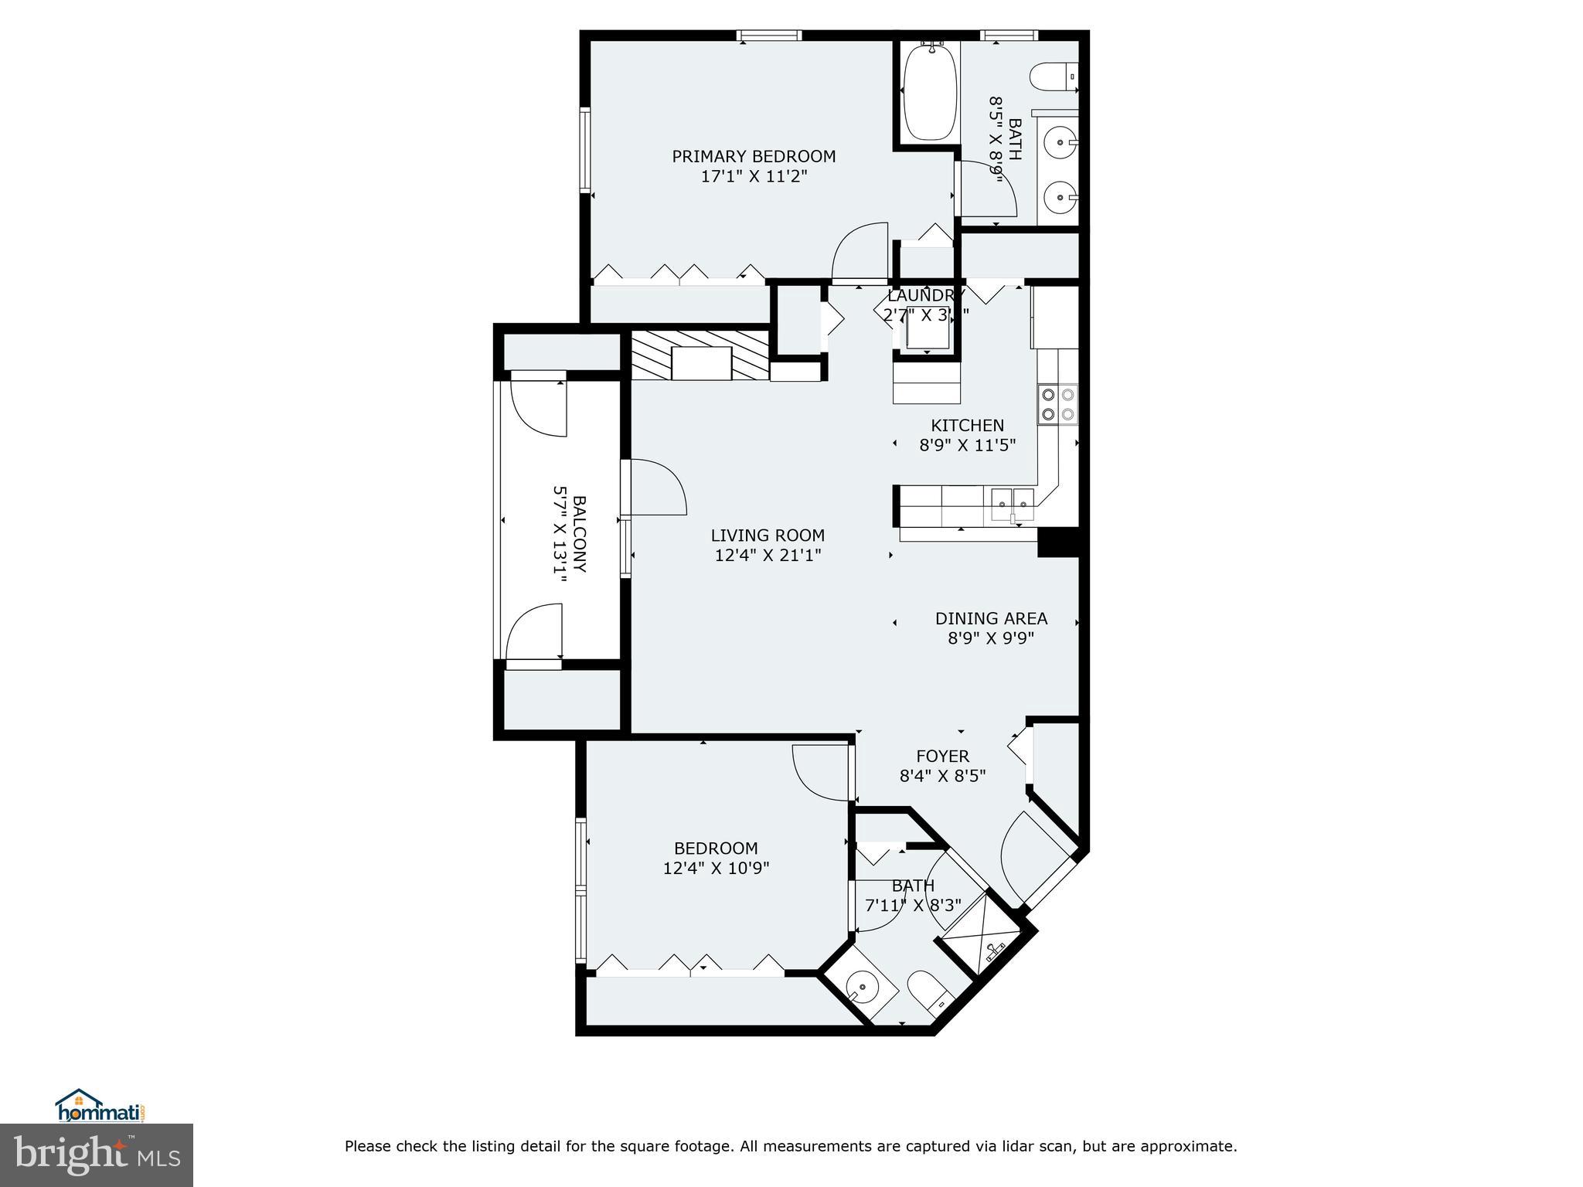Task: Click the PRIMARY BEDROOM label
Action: [754, 157]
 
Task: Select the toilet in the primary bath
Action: [1054, 77]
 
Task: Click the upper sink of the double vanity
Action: [1059, 142]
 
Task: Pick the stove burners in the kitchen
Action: [1057, 404]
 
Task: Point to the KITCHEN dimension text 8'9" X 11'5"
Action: [967, 445]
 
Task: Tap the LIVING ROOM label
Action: [768, 535]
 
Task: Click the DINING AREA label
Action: [991, 618]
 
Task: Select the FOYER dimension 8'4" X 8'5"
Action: [942, 776]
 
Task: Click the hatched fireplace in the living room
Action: [700, 355]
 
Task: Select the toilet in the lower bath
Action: [928, 992]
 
